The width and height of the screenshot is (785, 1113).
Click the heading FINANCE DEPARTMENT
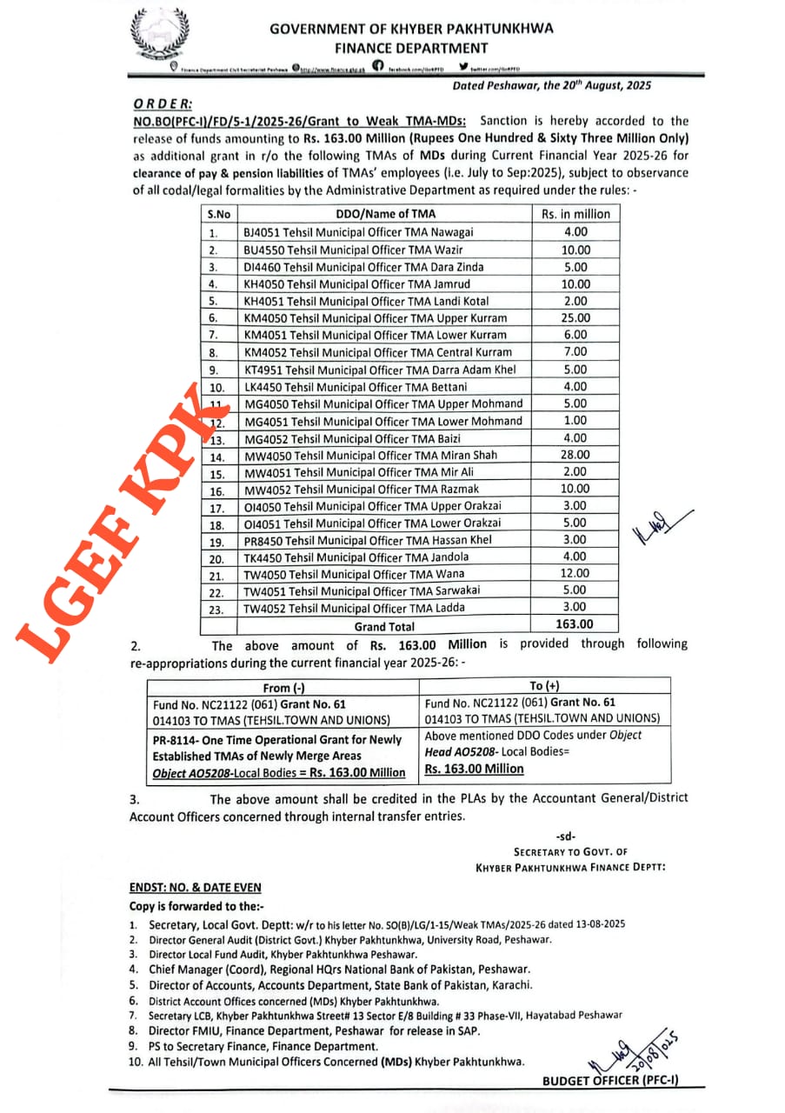click(x=411, y=49)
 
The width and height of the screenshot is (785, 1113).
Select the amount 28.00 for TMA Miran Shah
click(x=575, y=455)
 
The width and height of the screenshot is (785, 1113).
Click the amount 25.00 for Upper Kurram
click(x=575, y=317)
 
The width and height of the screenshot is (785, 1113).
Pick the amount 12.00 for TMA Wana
click(x=575, y=574)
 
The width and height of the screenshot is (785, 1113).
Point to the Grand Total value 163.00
click(x=575, y=625)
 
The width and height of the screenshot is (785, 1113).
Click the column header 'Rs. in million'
click(x=575, y=214)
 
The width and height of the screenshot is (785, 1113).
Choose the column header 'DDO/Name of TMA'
click(x=386, y=214)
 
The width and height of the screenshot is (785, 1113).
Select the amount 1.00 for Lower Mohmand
click(x=575, y=421)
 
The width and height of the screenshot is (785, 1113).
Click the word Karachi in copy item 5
click(x=509, y=985)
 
